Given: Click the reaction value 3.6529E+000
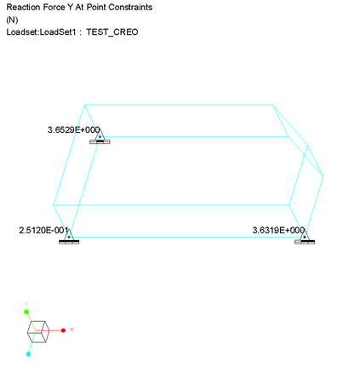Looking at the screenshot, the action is coord(74,130).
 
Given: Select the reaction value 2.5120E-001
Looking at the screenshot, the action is coord(43,230).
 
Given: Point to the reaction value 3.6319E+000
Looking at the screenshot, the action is coord(279,230).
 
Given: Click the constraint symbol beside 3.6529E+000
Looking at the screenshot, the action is coord(100,137).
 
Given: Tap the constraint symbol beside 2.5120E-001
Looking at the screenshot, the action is coord(69,237).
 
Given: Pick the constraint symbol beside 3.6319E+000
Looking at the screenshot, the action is coord(305,237).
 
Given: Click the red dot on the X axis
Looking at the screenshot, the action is coord(63,330).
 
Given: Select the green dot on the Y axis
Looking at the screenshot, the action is coord(26,312).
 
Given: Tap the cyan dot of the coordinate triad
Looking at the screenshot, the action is coord(28,354).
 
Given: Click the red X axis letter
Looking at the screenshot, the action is coord(71,330).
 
